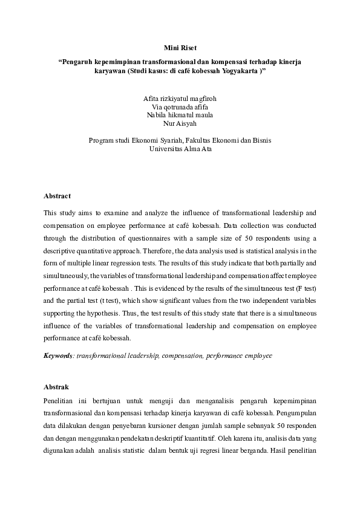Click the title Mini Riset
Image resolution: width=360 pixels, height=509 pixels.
(180, 47)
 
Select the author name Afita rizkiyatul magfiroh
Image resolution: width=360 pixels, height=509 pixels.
(180, 98)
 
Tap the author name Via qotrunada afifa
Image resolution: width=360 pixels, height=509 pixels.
(180, 106)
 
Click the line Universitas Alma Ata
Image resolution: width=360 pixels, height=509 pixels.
(180, 148)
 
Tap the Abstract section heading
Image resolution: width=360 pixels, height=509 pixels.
(57, 196)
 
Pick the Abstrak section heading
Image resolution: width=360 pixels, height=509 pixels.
(56, 387)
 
